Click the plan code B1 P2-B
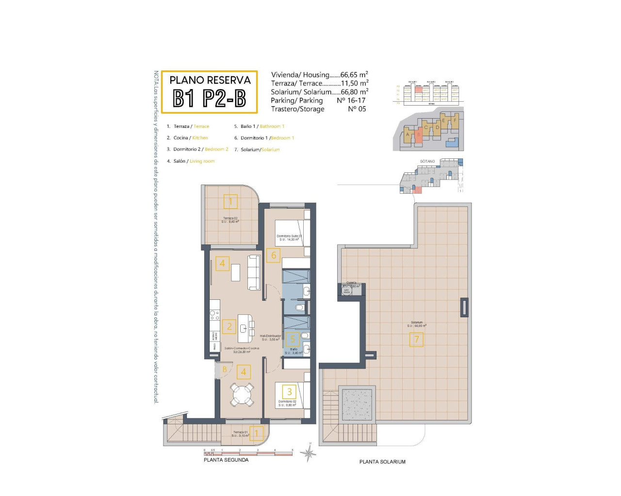[x=209, y=98]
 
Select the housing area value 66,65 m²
[x=354, y=75]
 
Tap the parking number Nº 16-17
[x=351, y=100]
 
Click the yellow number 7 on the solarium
[x=416, y=340]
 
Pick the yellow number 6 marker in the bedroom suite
[x=274, y=255]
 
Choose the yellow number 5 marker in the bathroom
[x=292, y=340]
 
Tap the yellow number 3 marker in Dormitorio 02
[x=289, y=391]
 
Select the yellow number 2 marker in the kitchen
[x=229, y=326]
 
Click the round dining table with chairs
[x=242, y=395]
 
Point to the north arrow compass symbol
[x=308, y=453]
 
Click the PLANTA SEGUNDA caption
[x=226, y=460]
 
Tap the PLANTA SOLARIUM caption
[x=382, y=462]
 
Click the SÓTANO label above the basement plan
[x=427, y=161]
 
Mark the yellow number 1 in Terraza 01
[x=257, y=433]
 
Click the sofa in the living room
[x=254, y=272]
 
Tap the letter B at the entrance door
[x=224, y=370]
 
